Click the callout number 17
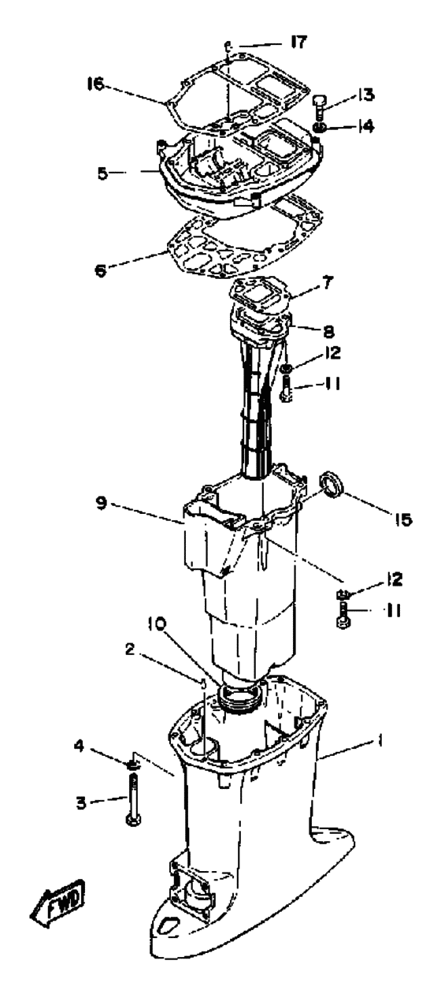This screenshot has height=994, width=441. pos(298,43)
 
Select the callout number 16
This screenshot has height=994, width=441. pos(95,83)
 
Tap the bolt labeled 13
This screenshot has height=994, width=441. pos(319,106)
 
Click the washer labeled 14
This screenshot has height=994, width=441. pos(319,128)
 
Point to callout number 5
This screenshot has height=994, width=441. pos(103,173)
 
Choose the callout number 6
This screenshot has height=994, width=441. pos(102,270)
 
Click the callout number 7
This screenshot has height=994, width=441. pos(326,281)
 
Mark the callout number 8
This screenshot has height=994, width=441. pos(329,330)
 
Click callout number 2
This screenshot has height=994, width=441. pos(129,650)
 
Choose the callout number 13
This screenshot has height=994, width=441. pos(366,95)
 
